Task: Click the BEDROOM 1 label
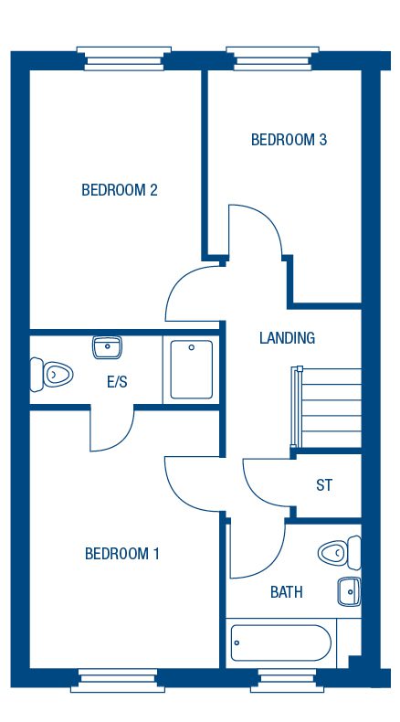pyautogui.click(x=122, y=553)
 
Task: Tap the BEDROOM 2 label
pyautogui.click(x=120, y=190)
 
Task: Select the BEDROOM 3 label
pyautogui.click(x=289, y=140)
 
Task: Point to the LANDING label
pyautogui.click(x=287, y=338)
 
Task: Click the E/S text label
pyautogui.click(x=117, y=381)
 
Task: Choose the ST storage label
pyautogui.click(x=324, y=485)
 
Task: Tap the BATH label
pyautogui.click(x=286, y=592)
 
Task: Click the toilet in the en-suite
pyautogui.click(x=52, y=373)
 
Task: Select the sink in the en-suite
pyautogui.click(x=108, y=347)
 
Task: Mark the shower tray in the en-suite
pyautogui.click(x=191, y=369)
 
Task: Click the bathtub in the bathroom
pyautogui.click(x=280, y=644)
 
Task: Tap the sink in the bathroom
pyautogui.click(x=348, y=592)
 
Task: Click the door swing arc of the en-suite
pyautogui.click(x=111, y=430)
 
